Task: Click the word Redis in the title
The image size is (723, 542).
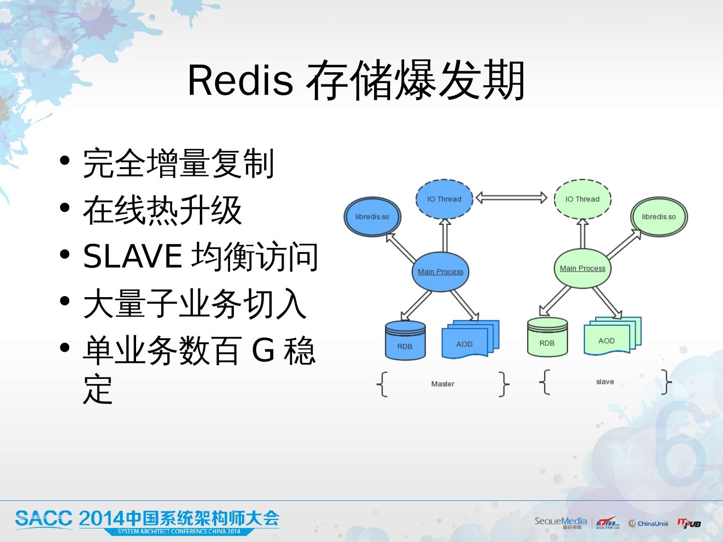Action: [240, 80]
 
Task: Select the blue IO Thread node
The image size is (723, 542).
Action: [444, 199]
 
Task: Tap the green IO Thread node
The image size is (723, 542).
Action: [582, 199]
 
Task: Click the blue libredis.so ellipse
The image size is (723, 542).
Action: [372, 217]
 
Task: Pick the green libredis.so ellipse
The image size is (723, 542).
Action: [659, 217]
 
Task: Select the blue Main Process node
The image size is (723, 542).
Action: [441, 272]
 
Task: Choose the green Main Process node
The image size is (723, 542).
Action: [582, 268]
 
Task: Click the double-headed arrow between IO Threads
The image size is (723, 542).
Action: [511, 198]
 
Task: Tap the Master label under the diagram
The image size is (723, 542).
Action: [442, 384]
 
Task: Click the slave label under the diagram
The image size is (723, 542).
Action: [605, 382]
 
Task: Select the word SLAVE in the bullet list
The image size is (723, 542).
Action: [132, 256]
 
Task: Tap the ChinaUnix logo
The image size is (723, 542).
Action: [648, 523]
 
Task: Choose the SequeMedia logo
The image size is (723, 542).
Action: [560, 522]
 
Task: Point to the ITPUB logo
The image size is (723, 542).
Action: [689, 523]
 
